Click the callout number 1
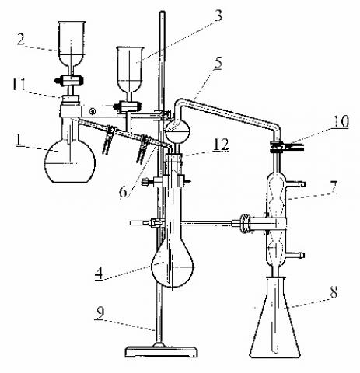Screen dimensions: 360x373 pos(19,140)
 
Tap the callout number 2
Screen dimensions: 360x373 pos(21,40)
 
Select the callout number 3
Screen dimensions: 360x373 pos(218,16)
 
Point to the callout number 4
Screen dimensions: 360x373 pos(99,273)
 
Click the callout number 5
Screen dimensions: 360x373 pos(218,63)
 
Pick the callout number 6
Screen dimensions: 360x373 pos(124,192)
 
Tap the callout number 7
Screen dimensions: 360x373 pos(333,187)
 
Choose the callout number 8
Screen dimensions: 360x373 pos(334,291)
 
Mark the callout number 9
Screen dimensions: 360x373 pos(100,312)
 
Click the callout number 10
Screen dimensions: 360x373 pos(341,121)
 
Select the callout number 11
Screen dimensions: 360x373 pos(19,85)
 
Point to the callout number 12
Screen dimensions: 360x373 pos(221,145)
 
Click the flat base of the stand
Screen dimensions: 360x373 pos(161,352)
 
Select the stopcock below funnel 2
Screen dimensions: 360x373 pos(69,80)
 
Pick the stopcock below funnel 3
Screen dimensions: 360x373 pos(128,106)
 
